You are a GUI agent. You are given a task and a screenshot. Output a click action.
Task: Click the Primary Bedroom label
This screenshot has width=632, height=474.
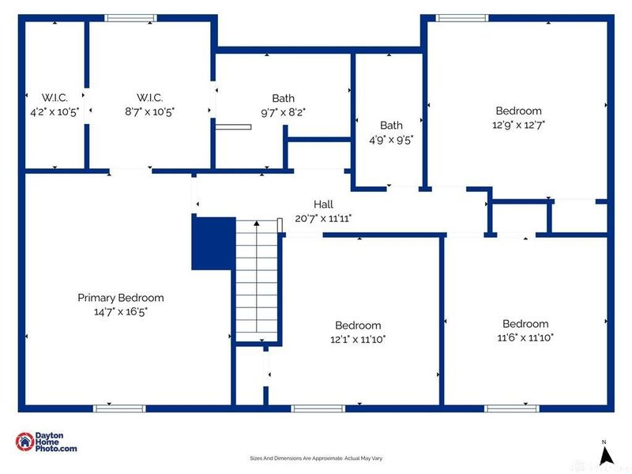121,298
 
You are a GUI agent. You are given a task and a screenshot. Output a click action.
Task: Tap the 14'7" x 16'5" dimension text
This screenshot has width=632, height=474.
121,311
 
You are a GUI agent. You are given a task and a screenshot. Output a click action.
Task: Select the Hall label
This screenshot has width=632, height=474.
324,205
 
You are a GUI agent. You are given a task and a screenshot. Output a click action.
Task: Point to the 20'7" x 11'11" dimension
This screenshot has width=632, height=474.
324,218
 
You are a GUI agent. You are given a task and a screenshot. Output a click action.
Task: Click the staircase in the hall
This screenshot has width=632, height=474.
257,280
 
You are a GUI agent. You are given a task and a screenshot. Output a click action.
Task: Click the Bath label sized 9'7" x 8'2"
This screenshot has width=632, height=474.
283,98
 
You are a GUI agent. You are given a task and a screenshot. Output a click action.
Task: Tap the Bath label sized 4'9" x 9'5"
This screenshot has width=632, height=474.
391,125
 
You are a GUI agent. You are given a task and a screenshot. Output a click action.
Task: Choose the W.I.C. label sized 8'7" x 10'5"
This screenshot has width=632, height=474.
149,98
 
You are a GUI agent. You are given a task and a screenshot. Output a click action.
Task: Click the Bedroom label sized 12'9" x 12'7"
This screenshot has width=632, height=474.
518,111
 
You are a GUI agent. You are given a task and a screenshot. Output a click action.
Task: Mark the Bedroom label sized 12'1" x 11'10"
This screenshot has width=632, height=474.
358,325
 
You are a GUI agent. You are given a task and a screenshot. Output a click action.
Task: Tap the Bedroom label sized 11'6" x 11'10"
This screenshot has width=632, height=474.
525,323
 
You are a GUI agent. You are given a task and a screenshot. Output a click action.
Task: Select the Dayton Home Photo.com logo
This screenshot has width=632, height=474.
47,442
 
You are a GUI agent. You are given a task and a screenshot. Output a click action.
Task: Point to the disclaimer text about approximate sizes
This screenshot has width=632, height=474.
316,458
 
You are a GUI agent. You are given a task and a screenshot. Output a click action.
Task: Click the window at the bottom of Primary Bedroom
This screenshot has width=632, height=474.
119,408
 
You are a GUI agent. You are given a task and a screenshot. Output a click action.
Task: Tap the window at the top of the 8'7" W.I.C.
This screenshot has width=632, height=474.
131,18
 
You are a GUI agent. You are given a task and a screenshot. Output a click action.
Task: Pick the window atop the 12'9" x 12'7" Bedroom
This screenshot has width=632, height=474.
462,18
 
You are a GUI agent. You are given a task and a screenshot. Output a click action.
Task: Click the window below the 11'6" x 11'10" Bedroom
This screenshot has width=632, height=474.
510,408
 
